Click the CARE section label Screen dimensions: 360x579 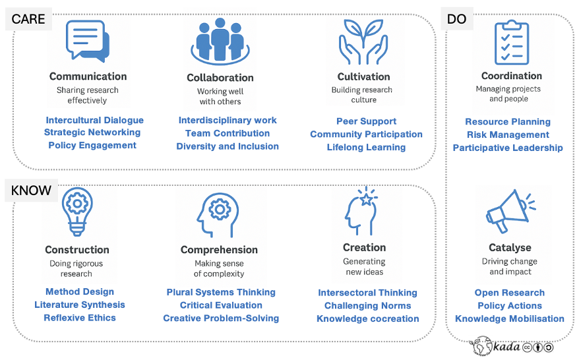(28, 19)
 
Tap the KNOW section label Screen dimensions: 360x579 (31, 191)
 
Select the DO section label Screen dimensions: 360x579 (456, 19)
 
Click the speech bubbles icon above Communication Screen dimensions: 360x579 (87, 42)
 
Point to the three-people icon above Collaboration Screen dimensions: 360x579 (220, 41)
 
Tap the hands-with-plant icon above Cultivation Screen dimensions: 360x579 (363, 41)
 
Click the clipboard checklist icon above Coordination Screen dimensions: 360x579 (511, 43)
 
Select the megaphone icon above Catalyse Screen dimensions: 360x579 (508, 212)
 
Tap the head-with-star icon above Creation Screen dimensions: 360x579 (362, 212)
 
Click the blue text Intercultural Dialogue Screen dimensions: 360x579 (94, 120)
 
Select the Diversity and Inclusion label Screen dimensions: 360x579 (228, 146)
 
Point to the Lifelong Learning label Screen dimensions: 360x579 (366, 147)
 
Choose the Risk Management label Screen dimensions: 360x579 (508, 135)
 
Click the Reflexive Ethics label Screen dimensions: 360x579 (80, 318)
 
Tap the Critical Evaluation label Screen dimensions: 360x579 (221, 305)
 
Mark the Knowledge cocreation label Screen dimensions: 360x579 (368, 318)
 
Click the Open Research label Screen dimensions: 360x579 (510, 293)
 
